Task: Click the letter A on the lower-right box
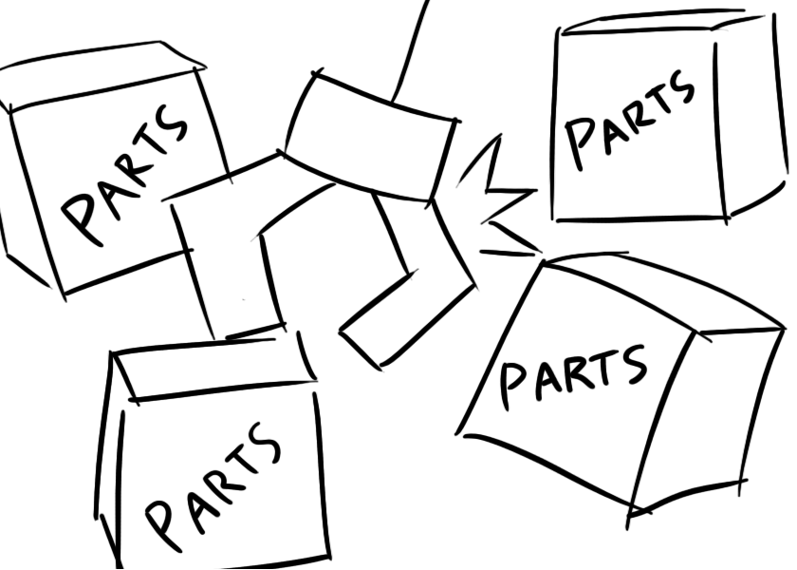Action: pyautogui.click(x=545, y=378)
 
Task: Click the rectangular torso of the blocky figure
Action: pyautogui.click(x=370, y=138)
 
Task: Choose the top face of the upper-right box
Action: pyautogui.click(x=655, y=21)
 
